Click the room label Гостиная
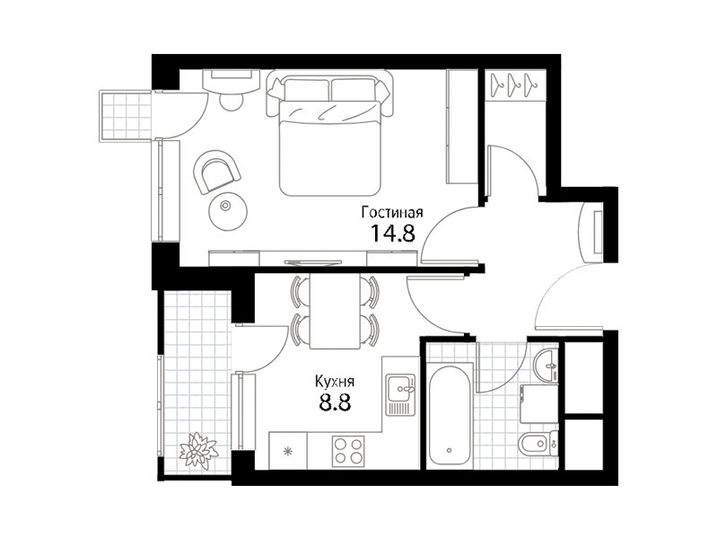[392, 213]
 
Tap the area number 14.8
[392, 234]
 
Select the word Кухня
[335, 382]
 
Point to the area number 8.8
[335, 402]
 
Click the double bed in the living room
[329, 133]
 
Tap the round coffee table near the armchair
[228, 211]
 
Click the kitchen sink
[400, 394]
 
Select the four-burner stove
[348, 450]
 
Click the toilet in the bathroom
[538, 443]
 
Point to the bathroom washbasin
[547, 365]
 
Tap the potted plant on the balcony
[198, 450]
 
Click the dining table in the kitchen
[334, 311]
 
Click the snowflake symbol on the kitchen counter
[288, 452]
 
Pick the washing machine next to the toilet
[539, 403]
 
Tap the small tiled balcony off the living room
[125, 116]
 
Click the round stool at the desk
[232, 101]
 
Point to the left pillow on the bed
[305, 89]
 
